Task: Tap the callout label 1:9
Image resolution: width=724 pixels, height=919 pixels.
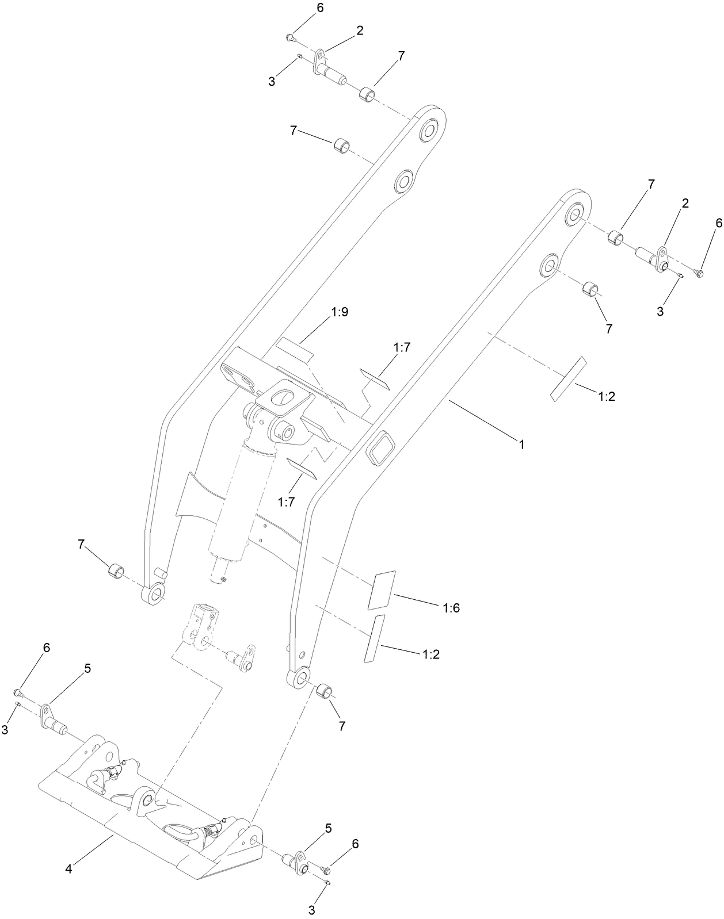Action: (340, 312)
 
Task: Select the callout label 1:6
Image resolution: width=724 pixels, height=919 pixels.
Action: (451, 607)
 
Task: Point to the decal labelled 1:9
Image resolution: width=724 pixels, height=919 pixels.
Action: (294, 348)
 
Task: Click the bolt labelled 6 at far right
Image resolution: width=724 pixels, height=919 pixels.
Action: (699, 273)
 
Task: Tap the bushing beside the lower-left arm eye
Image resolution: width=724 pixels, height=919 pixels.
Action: (117, 572)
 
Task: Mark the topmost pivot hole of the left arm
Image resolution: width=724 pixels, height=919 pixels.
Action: (429, 131)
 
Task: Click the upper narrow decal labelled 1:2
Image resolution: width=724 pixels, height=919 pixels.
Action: (567, 378)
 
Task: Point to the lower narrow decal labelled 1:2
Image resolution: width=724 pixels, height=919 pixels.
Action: (375, 638)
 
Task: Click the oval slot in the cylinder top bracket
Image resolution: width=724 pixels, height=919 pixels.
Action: (282, 397)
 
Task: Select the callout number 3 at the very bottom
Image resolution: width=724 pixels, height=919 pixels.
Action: (311, 910)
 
